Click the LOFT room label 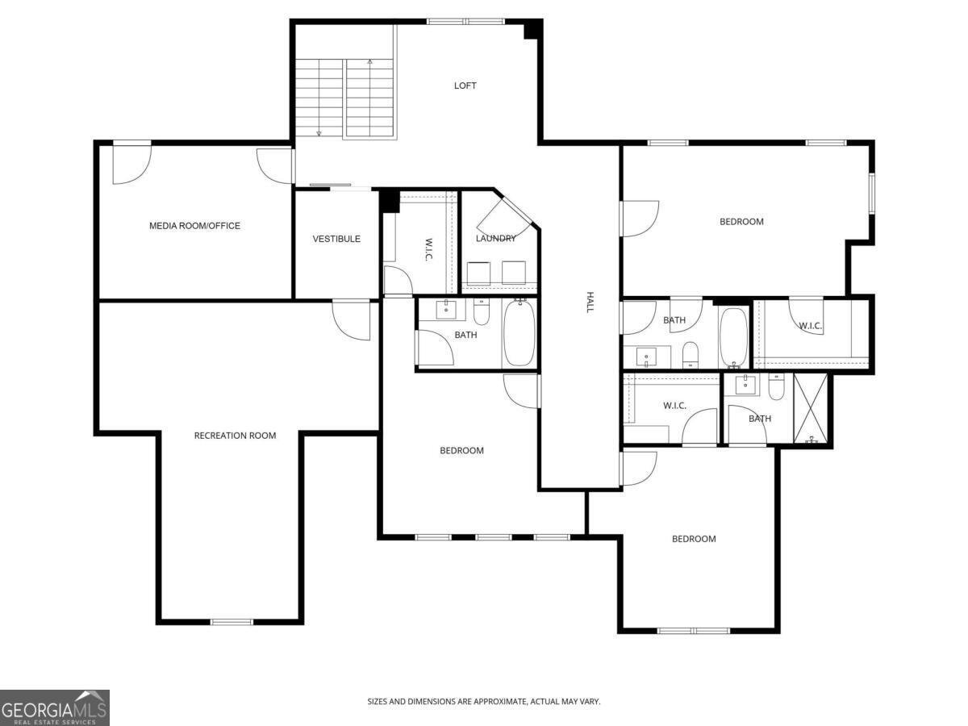[x=465, y=86]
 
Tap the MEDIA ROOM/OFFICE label [x=194, y=226]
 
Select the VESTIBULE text [x=336, y=239]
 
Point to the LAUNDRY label [x=495, y=239]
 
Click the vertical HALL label [x=590, y=302]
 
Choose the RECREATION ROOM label [x=235, y=436]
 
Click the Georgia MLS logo [x=54, y=707]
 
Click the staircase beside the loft [x=345, y=97]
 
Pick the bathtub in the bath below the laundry [x=519, y=334]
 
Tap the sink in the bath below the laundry [x=445, y=309]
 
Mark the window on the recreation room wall [x=232, y=622]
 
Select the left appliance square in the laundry [x=478, y=273]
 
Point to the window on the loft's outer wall [x=465, y=22]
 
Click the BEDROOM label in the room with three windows [x=461, y=451]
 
